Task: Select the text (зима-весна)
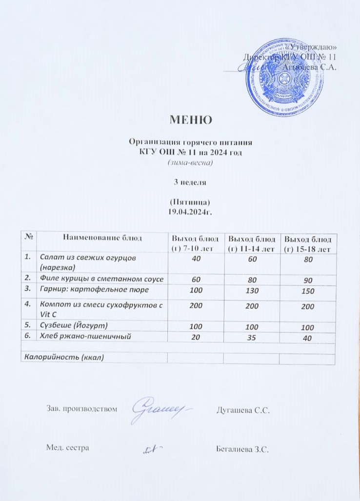[190, 162]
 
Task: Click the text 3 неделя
[190, 182]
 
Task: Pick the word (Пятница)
[190, 202]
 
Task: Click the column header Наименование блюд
[102, 238]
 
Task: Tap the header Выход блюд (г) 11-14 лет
[252, 243]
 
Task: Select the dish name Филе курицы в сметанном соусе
[101, 279]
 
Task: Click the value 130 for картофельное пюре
[252, 291]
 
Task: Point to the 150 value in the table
[307, 291]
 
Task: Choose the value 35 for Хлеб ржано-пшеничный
[252, 337]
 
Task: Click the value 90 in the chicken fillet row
[307, 280]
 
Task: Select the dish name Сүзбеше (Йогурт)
[74, 325]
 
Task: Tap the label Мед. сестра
[67, 448]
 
